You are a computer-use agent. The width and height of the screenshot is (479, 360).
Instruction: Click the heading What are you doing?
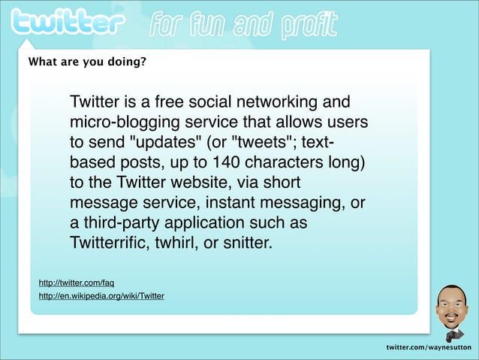click(87, 62)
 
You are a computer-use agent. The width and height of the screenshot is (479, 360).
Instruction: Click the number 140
click(227, 163)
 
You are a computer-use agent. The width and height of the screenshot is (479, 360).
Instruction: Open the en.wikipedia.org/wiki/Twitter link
click(101, 296)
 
